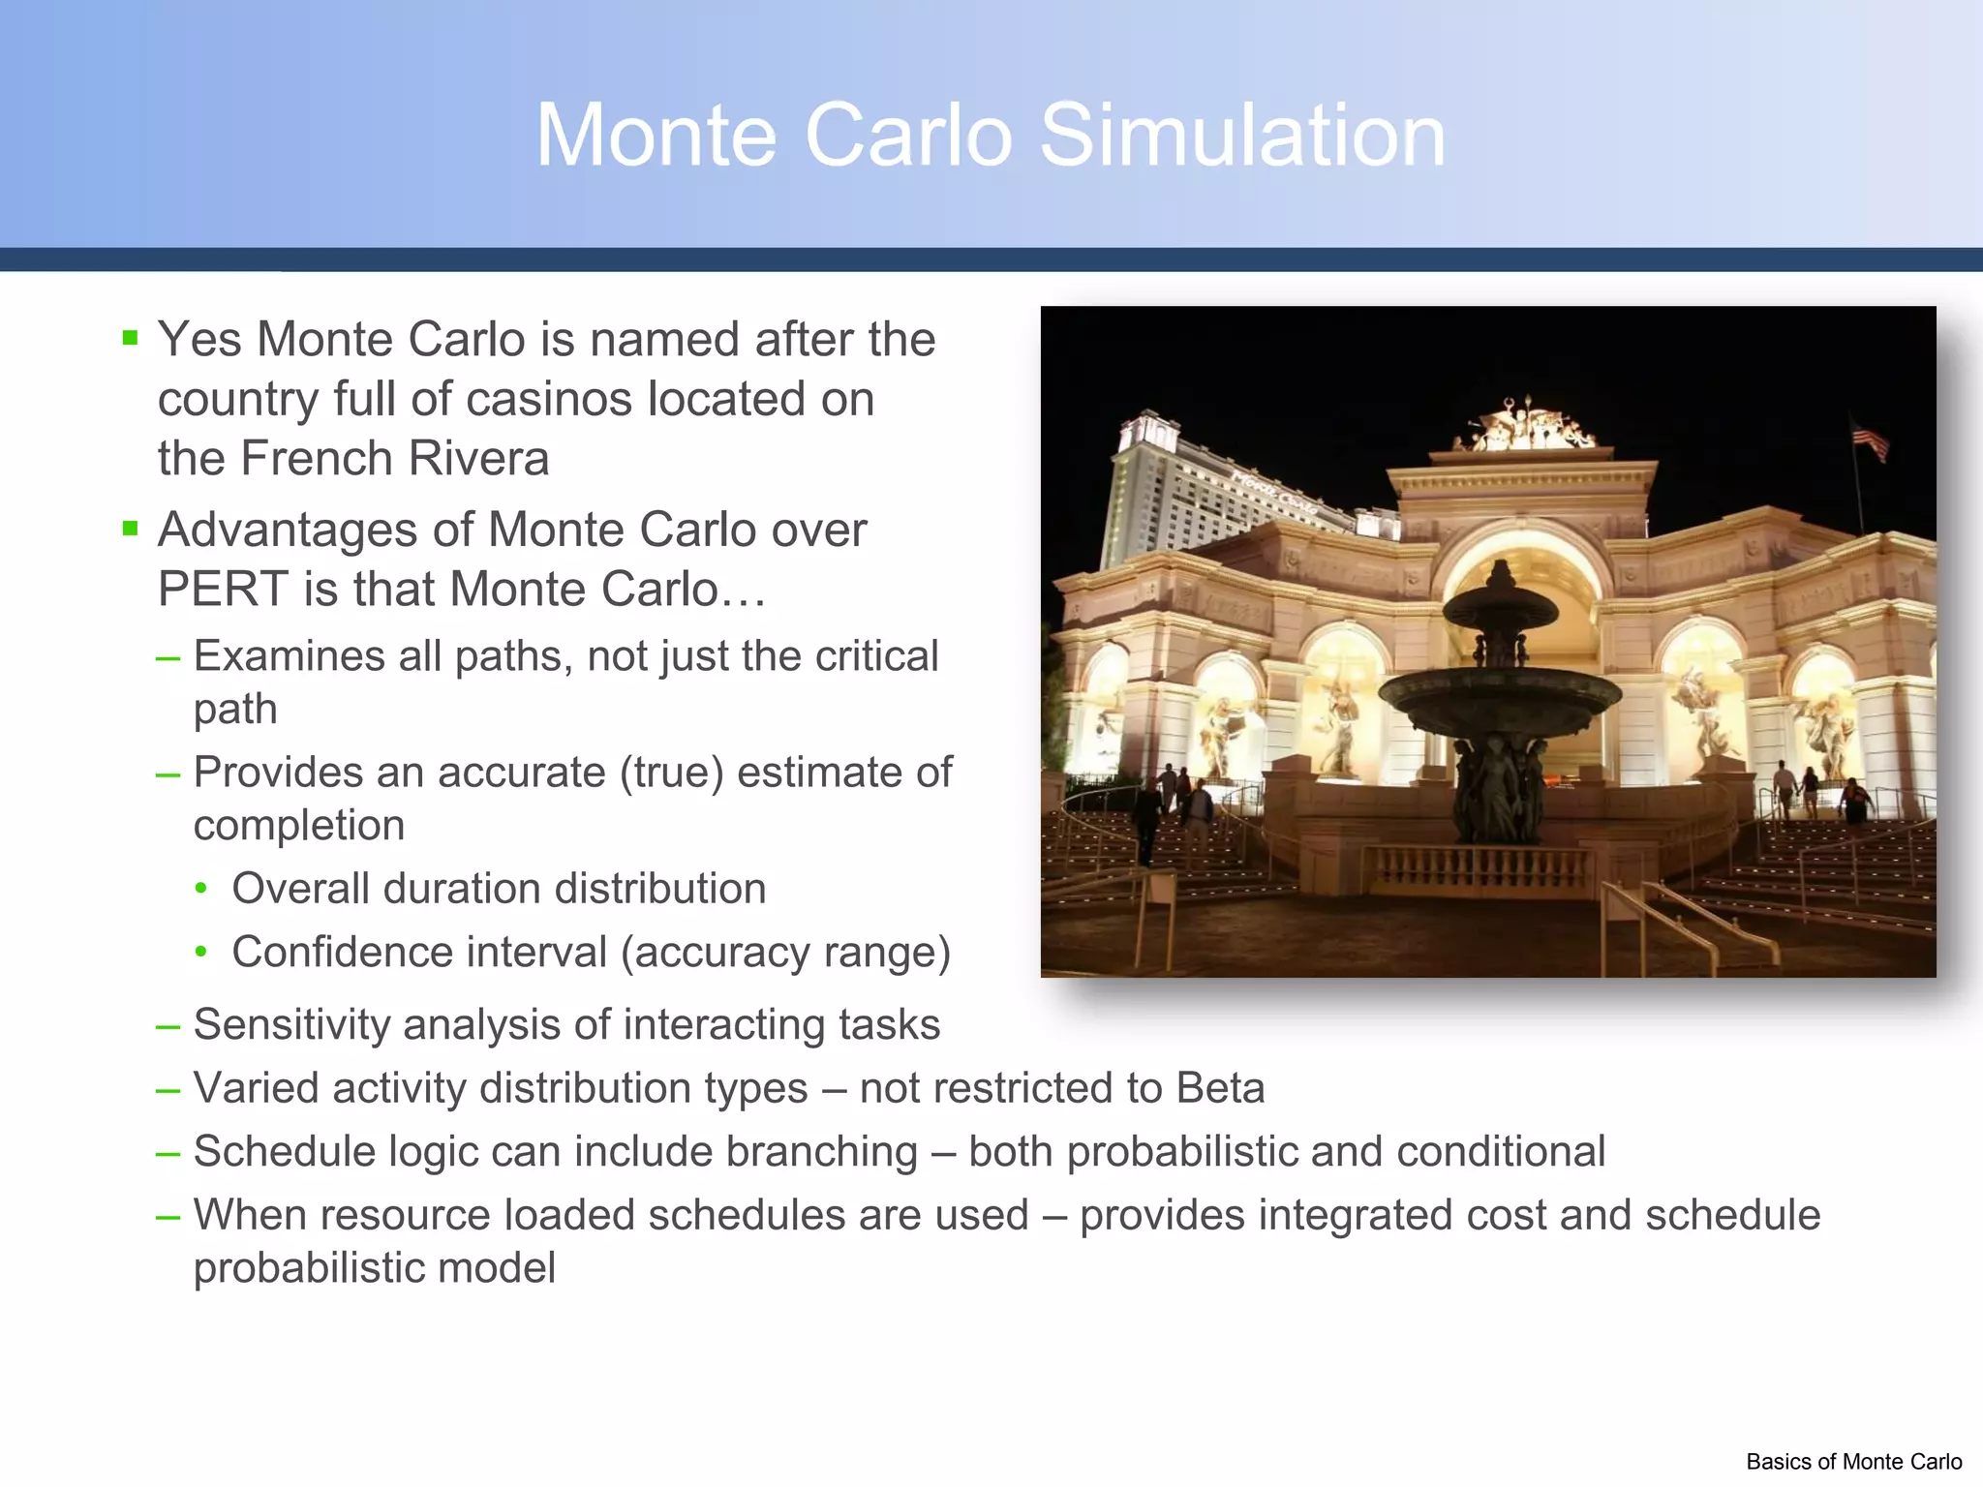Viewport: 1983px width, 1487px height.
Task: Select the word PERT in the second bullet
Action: [223, 590]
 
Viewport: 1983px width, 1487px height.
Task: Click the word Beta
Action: [1220, 1088]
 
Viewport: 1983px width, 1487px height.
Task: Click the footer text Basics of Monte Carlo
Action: [1853, 1462]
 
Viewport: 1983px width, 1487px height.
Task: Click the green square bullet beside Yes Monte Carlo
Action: [131, 338]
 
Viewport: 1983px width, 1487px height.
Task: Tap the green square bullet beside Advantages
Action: [131, 529]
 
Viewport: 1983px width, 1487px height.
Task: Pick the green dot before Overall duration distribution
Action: [200, 889]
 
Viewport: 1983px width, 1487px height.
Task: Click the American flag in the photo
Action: [1870, 440]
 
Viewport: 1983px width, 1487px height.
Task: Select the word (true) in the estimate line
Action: [671, 774]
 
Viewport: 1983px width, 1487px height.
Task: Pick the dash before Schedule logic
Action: [168, 1153]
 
